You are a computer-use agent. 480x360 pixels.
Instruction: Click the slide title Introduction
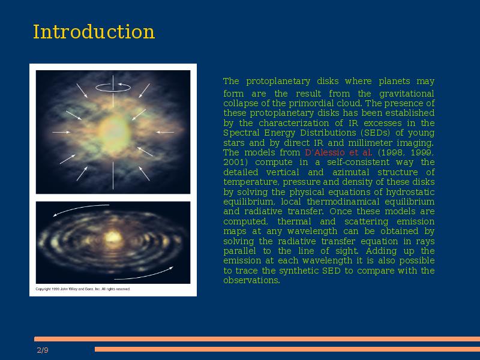94,32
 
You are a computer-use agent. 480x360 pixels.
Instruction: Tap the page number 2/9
43,350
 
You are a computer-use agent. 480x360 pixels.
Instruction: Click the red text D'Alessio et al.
338,152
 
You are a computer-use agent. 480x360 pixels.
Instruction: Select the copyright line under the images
83,289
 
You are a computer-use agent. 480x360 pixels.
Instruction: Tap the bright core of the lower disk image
113,237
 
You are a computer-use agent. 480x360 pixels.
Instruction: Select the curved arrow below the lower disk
144,275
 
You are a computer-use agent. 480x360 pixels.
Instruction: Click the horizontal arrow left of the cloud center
61,132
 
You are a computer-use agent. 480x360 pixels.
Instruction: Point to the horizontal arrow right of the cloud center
165,132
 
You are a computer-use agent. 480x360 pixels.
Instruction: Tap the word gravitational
407,94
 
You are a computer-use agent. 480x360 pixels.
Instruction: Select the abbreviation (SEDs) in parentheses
376,133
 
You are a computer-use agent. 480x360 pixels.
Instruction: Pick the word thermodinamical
343,202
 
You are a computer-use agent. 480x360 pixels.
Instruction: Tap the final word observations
251,280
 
